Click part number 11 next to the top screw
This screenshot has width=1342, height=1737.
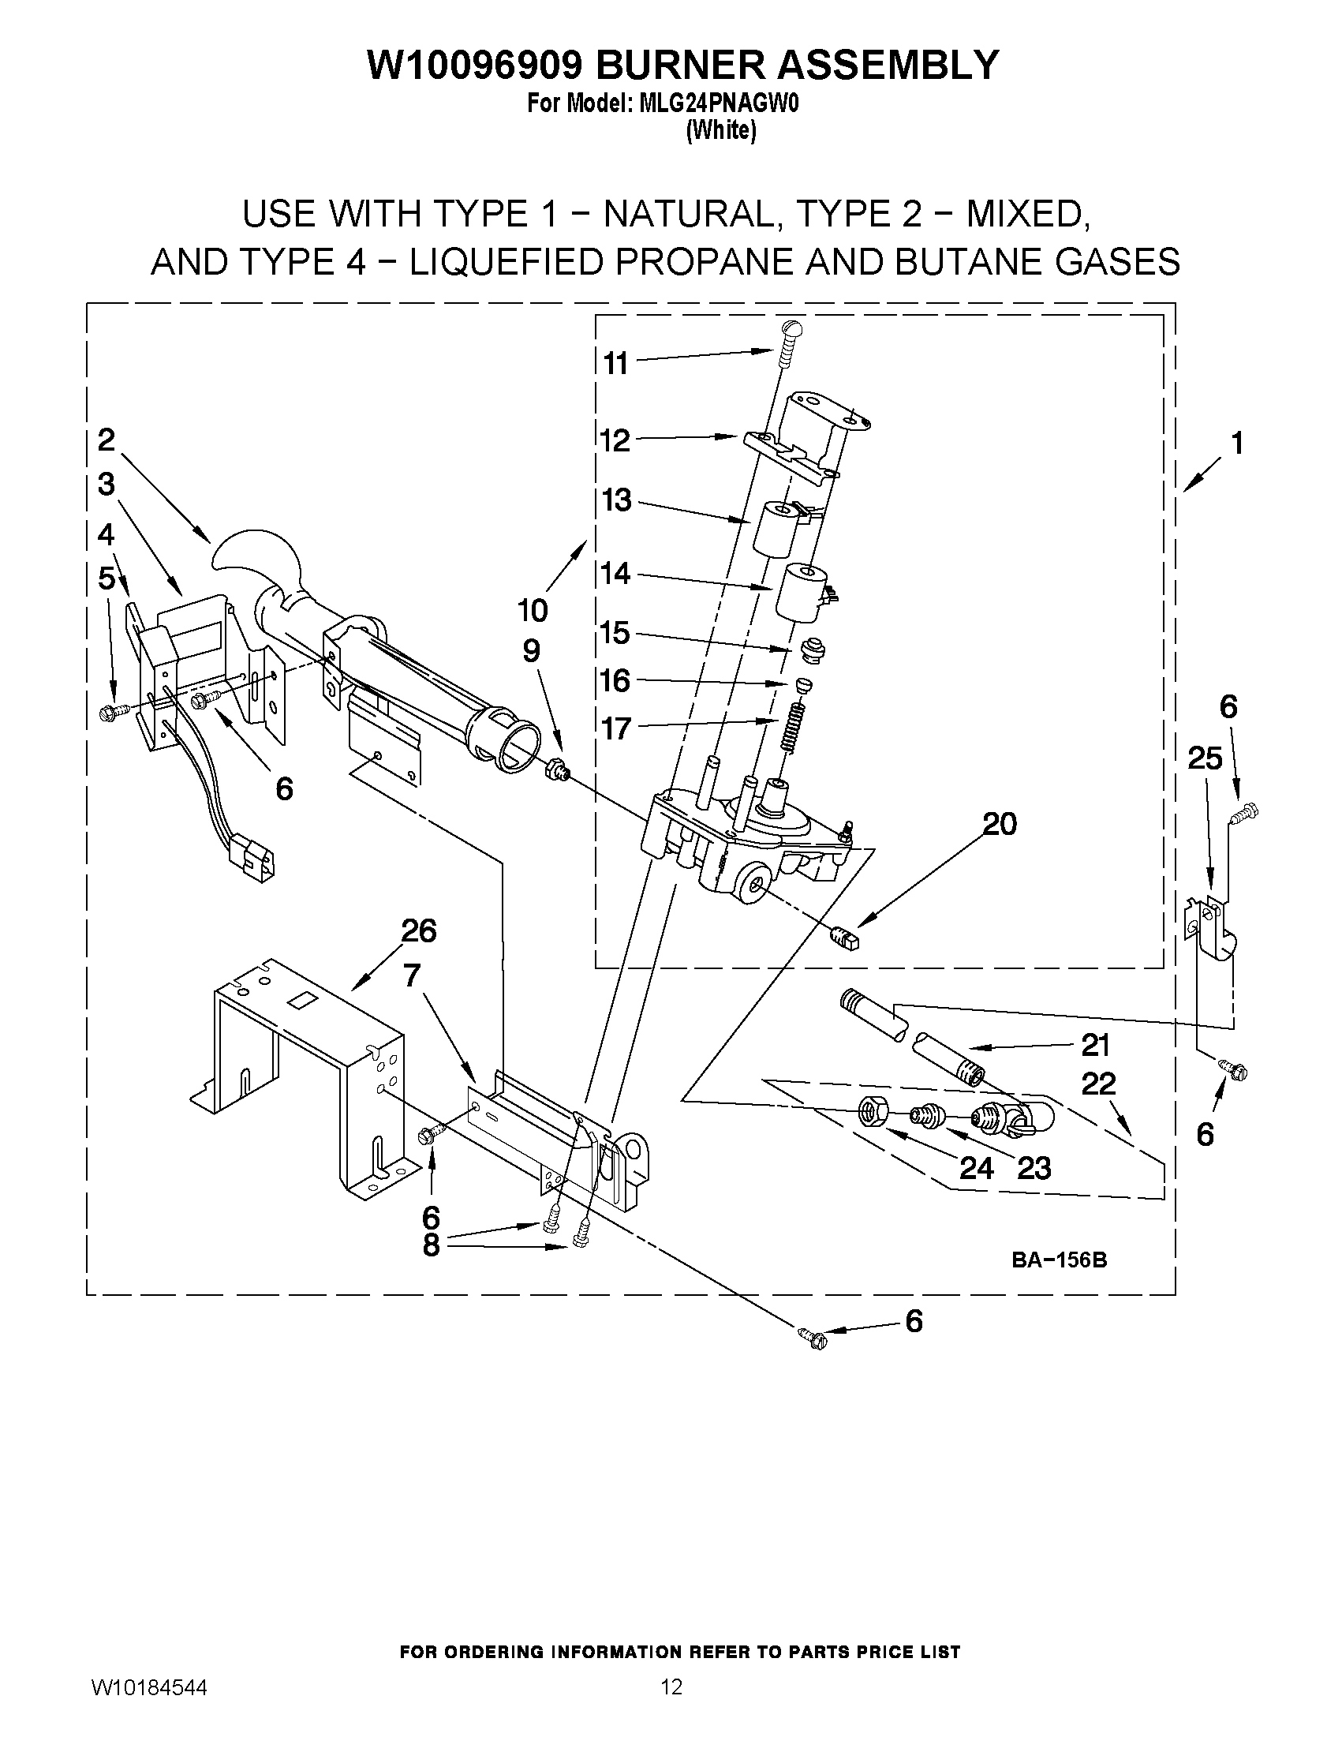(x=615, y=364)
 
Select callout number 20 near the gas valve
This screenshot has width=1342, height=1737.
(x=1000, y=824)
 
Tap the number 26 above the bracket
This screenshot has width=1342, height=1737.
(x=418, y=930)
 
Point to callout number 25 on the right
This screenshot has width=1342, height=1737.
(x=1205, y=758)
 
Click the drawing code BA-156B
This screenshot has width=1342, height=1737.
(x=1059, y=1260)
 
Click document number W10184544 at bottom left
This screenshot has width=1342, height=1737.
(x=149, y=1686)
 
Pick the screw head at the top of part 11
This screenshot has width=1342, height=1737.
(x=793, y=326)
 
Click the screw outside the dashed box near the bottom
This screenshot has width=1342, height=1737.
(x=812, y=1338)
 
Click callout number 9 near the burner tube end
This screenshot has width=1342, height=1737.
(x=531, y=650)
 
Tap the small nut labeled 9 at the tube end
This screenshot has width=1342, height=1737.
(x=555, y=770)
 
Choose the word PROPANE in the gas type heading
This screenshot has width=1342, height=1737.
(x=688, y=262)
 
